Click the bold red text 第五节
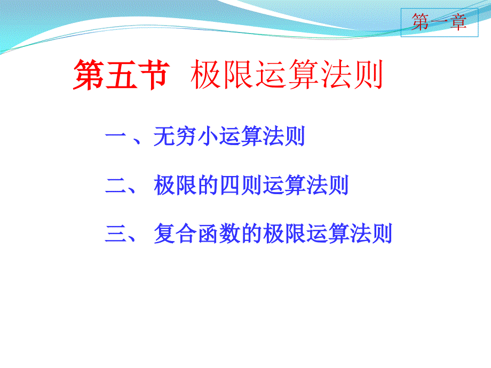(x=122, y=75)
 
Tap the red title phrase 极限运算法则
(x=287, y=75)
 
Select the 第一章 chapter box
(x=439, y=22)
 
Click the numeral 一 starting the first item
(x=116, y=136)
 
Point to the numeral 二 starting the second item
(x=116, y=186)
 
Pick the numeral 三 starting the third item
(x=116, y=234)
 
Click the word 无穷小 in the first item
(x=186, y=136)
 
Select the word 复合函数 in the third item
(x=197, y=234)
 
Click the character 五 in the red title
(x=122, y=75)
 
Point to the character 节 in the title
(x=154, y=75)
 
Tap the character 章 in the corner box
(x=458, y=22)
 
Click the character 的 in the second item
(x=209, y=185)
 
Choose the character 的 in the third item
(x=252, y=234)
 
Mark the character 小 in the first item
(x=208, y=136)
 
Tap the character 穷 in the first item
(x=186, y=136)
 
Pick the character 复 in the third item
(x=164, y=234)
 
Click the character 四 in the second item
(x=231, y=186)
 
